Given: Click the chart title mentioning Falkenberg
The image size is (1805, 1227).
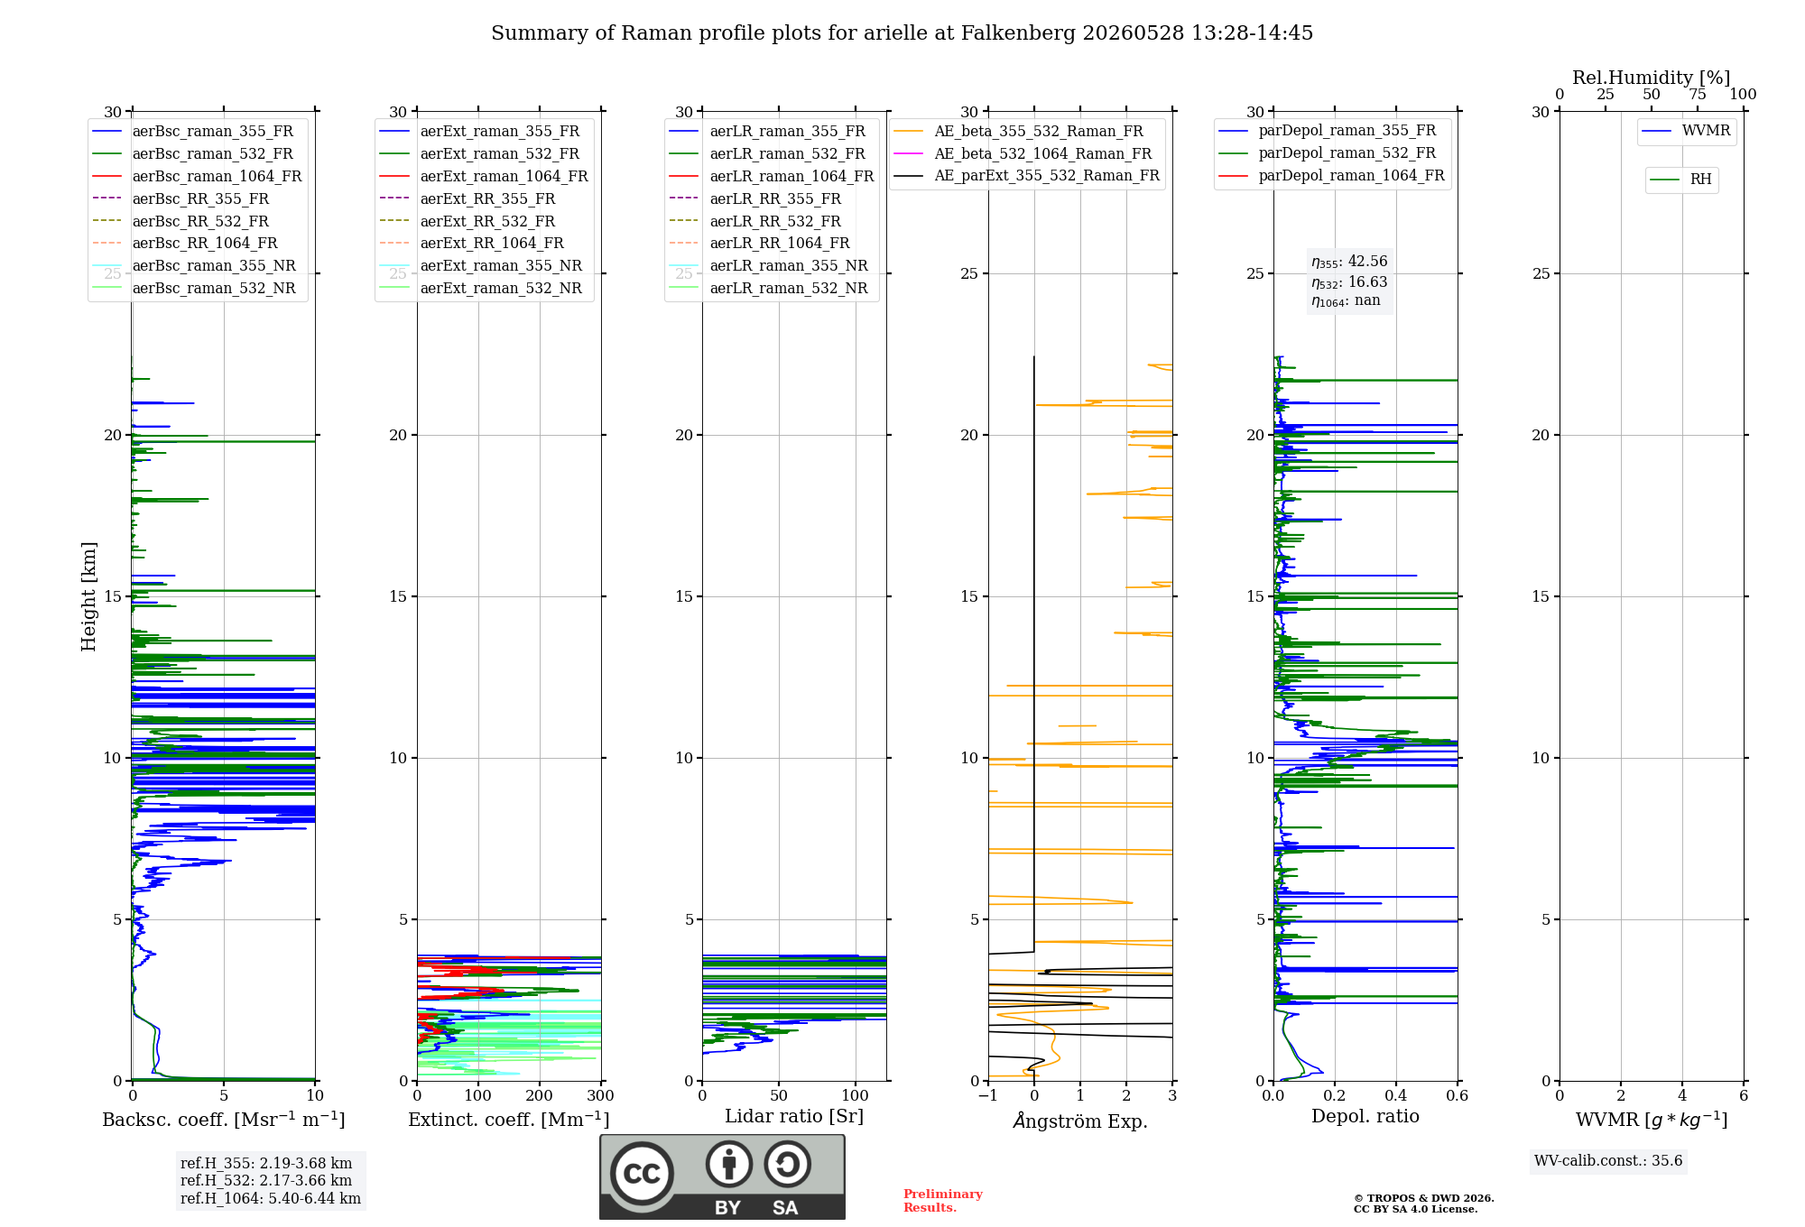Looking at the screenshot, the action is (902, 33).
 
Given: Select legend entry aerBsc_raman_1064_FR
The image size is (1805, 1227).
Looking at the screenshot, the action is (198, 176).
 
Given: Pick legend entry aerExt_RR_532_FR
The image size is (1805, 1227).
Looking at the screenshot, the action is (468, 221).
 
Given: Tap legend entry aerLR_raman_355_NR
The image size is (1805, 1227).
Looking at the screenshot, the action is (769, 265).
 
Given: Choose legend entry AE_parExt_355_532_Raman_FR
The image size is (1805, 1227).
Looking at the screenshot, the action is (1027, 175).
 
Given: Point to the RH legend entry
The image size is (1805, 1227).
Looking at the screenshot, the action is (1681, 180).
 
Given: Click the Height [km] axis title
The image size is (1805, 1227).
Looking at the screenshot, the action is (88, 596).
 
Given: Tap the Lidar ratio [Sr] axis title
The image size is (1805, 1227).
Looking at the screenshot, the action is (794, 1117).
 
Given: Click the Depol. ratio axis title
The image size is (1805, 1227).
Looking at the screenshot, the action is (1365, 1117).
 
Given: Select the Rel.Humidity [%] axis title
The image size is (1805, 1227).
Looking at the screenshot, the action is (1652, 78).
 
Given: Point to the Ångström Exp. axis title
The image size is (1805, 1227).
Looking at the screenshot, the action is (1080, 1121).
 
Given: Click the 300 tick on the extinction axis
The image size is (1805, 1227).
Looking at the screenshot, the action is (600, 1096).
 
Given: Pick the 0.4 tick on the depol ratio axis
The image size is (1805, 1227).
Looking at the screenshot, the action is (1396, 1096).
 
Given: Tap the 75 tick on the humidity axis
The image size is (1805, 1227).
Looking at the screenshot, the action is (1698, 95).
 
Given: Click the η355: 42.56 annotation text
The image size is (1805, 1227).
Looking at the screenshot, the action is (1349, 262).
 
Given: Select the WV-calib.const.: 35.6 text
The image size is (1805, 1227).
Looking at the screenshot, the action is (1608, 1161).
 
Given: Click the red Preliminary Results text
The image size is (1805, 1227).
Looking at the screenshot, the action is (943, 1201).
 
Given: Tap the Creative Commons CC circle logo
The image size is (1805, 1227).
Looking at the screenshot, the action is (642, 1174).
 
